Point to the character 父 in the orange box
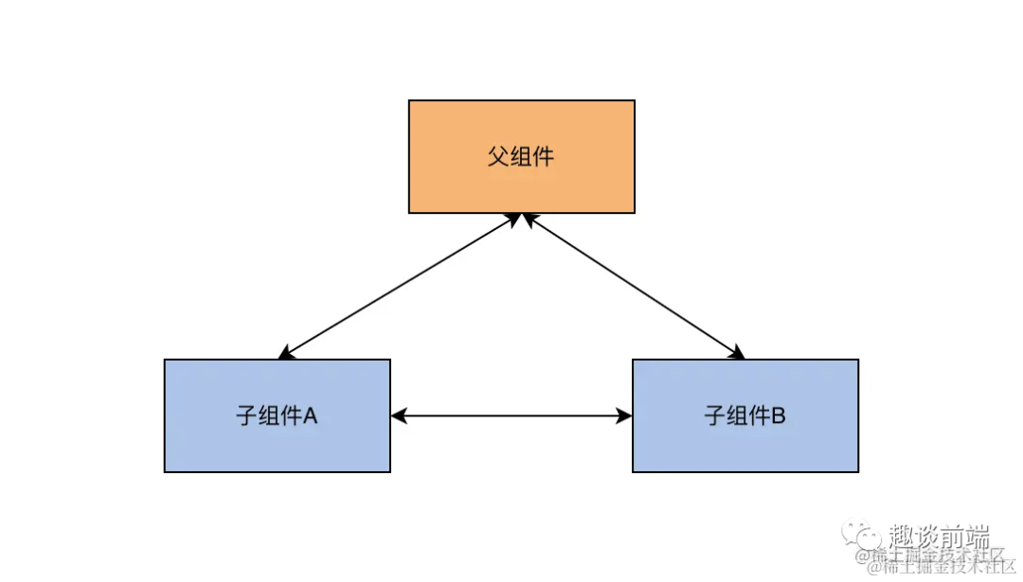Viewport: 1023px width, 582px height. click(498, 156)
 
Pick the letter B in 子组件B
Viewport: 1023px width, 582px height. click(778, 415)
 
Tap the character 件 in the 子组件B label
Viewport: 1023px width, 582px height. click(756, 415)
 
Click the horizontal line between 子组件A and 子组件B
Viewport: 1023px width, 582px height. click(511, 415)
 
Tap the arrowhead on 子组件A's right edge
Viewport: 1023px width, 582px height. click(399, 415)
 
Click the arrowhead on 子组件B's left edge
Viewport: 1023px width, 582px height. click(624, 415)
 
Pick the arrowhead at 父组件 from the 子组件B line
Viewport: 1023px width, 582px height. click(529, 219)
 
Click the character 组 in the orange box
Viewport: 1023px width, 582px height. click(520, 156)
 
